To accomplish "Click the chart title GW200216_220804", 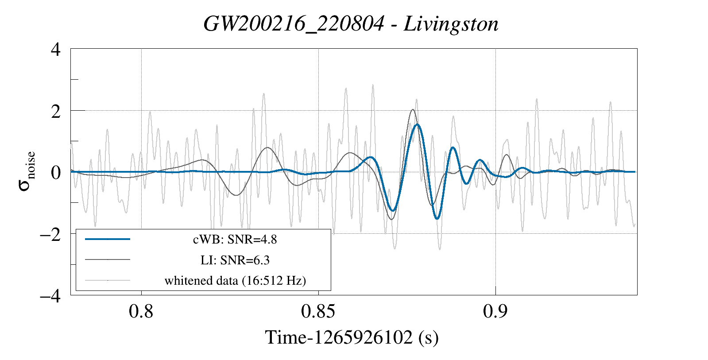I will [x=294, y=24].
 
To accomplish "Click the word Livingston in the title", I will [x=451, y=24].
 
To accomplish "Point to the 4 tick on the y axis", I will [x=56, y=49].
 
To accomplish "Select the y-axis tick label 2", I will [x=56, y=111].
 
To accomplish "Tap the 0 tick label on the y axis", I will [x=56, y=172].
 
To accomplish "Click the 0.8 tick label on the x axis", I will [x=141, y=312].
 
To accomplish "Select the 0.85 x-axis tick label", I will [x=318, y=312].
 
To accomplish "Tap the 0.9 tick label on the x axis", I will [x=495, y=312].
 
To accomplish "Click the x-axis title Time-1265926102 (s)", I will [x=352, y=337].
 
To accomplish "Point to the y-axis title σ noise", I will [x=27, y=171].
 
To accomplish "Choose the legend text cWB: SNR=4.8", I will [x=235, y=240].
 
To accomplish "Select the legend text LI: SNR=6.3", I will [x=235, y=260].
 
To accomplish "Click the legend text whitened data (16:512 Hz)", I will [x=235, y=281].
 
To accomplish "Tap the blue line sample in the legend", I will [x=108, y=239].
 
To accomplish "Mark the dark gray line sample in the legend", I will [x=108, y=259].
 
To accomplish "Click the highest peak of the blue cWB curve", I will [x=417, y=125].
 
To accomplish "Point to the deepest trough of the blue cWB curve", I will [x=437, y=218].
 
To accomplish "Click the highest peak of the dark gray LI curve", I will [x=413, y=110].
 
